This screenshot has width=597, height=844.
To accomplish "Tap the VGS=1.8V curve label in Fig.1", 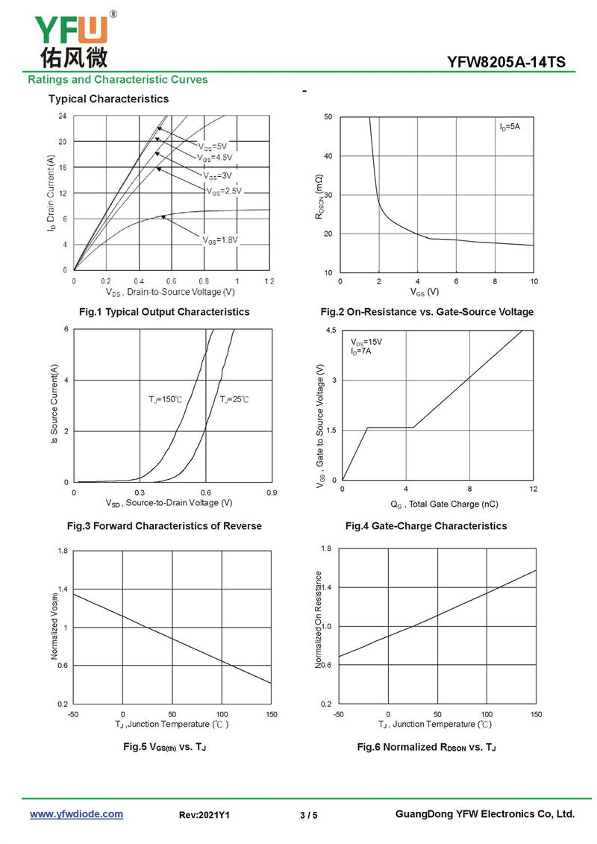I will pyautogui.click(x=219, y=240).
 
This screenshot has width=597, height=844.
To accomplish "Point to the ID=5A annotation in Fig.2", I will pyautogui.click(x=510, y=128).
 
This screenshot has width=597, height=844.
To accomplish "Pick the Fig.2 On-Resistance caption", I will pyautogui.click(x=427, y=312).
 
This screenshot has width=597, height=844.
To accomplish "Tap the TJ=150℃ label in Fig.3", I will pyautogui.click(x=165, y=400).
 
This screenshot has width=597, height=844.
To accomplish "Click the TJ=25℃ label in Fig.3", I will pyautogui.click(x=234, y=400).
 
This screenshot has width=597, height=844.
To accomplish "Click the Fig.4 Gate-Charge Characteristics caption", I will pyautogui.click(x=426, y=526).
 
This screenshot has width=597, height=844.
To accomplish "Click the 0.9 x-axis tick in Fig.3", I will pyautogui.click(x=272, y=493).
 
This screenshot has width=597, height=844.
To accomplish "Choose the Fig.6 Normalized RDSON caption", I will pyautogui.click(x=426, y=747).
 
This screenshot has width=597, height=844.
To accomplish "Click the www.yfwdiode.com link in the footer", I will pyautogui.click(x=76, y=814).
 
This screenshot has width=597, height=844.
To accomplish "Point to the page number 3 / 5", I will pyautogui.click(x=308, y=816).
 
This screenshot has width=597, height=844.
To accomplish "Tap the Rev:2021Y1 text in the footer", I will pyautogui.click(x=204, y=816).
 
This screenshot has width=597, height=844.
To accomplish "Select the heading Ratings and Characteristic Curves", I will pyautogui.click(x=118, y=80).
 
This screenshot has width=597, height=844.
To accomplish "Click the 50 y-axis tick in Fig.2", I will pyautogui.click(x=328, y=117).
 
